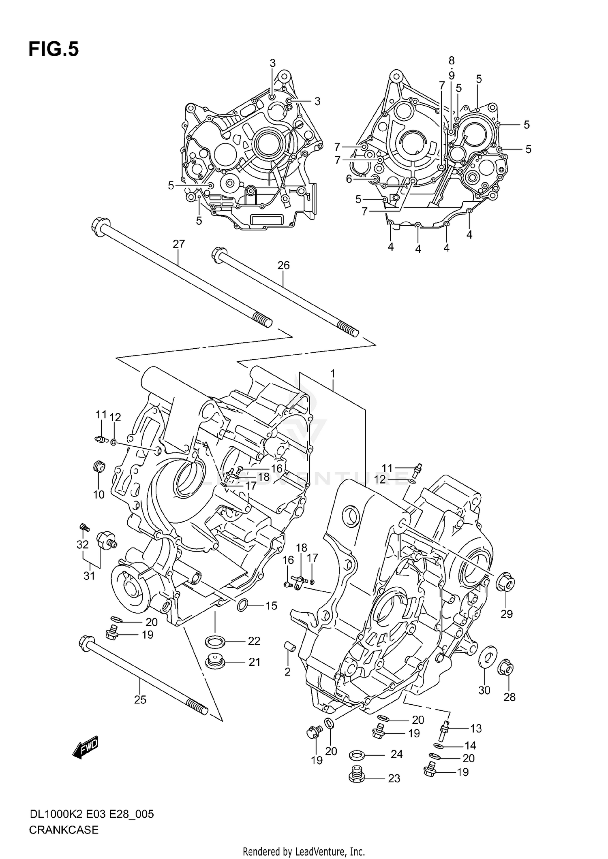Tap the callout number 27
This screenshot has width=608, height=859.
pyautogui.click(x=179, y=244)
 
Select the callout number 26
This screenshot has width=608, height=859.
pyautogui.click(x=283, y=265)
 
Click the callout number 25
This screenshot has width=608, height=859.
pyautogui.click(x=140, y=699)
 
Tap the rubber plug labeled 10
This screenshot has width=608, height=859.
pyautogui.click(x=99, y=467)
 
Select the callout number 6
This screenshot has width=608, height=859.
pyautogui.click(x=349, y=179)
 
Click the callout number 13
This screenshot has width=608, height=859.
pyautogui.click(x=475, y=729)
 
